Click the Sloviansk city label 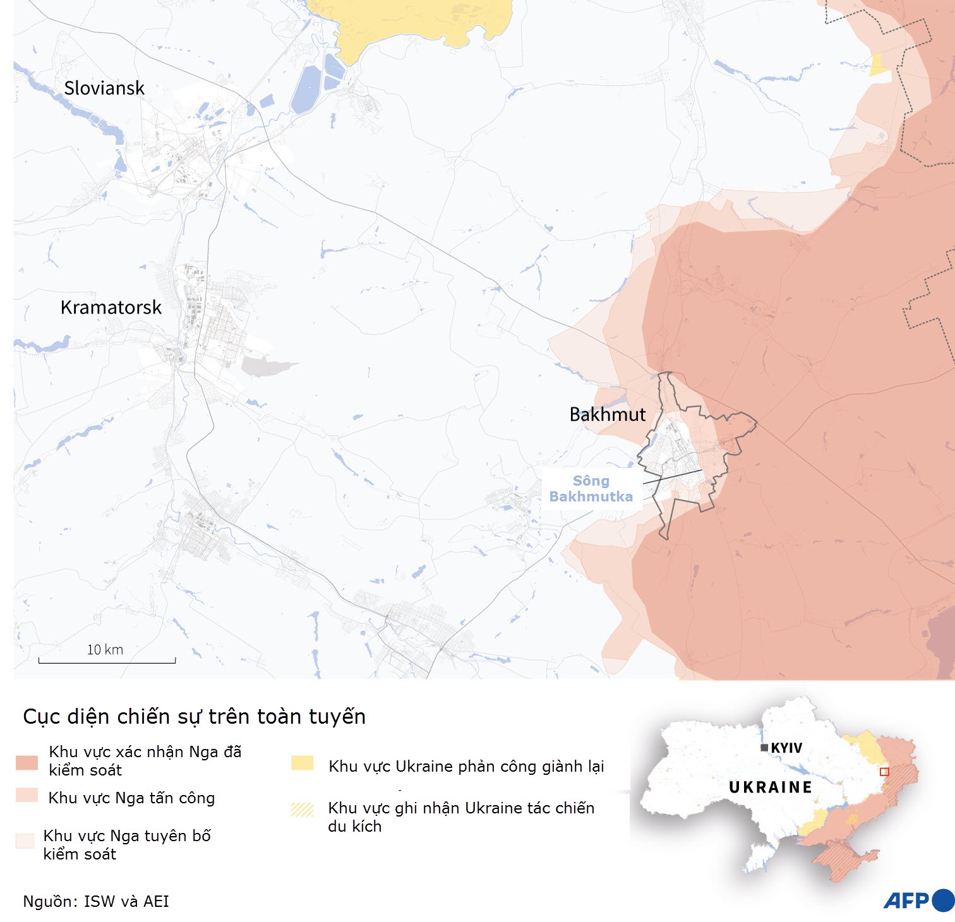[104, 88]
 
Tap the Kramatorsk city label [111, 308]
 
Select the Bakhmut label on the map [608, 415]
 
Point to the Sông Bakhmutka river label [591, 489]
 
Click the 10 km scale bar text [105, 650]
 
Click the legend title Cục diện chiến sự [194, 717]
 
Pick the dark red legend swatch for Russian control [27, 762]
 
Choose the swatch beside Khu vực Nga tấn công [27, 795]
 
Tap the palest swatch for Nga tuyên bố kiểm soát [25, 841]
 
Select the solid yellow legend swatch [302, 763]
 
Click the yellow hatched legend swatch [302, 809]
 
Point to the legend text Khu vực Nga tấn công [131, 798]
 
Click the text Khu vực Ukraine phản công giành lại [466, 767]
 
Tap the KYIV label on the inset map [786, 748]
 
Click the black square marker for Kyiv [764, 748]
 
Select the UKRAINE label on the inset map [771, 787]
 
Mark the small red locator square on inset [884, 772]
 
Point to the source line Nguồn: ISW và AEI [96, 901]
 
